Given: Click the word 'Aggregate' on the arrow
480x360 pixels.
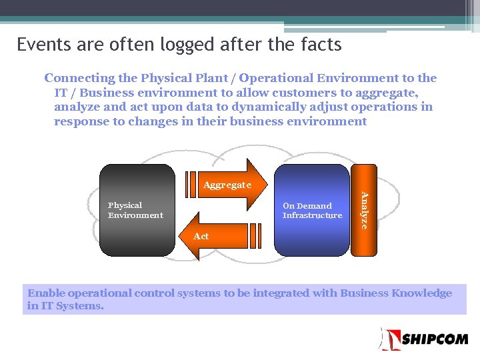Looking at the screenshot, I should [227, 185].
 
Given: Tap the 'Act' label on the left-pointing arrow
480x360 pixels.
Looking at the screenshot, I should [201, 236].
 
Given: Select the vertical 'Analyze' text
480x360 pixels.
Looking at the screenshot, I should [364, 210].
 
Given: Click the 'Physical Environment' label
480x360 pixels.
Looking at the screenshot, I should [135, 210].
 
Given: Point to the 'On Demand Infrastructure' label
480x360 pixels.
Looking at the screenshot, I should [312, 211].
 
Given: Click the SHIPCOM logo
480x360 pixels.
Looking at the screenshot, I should [425, 339].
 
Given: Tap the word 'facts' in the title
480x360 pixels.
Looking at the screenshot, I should [320, 45].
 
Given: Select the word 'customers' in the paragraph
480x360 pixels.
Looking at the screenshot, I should [275, 93].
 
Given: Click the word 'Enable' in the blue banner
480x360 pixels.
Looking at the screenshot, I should [46, 293].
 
